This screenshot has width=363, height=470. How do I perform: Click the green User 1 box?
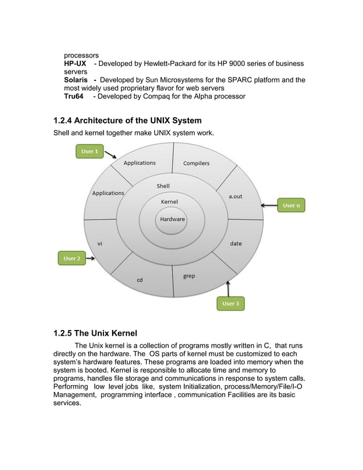click(x=90, y=151)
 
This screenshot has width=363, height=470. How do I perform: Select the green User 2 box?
click(x=72, y=258)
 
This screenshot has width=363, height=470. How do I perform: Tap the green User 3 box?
click(x=230, y=304)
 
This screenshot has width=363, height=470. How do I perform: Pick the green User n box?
click(x=291, y=205)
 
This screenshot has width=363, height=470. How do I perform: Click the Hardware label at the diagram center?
click(x=172, y=220)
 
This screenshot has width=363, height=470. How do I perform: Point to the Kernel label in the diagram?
click(x=170, y=202)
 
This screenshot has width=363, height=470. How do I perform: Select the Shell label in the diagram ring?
click(x=163, y=186)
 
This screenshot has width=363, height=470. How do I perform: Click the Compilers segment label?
click(x=196, y=163)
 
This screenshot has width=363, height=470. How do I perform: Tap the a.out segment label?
click(x=236, y=196)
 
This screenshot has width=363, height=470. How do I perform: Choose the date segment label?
click(x=236, y=244)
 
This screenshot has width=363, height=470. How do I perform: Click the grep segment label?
click(x=189, y=276)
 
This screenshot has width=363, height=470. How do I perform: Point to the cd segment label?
click(x=139, y=280)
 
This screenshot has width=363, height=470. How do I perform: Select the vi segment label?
click(x=100, y=244)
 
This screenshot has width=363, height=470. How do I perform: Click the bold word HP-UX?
click(x=75, y=64)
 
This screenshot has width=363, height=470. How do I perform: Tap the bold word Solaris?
click(x=77, y=80)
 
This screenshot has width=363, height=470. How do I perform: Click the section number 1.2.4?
click(x=61, y=121)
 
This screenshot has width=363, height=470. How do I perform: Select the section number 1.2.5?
click(x=61, y=333)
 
